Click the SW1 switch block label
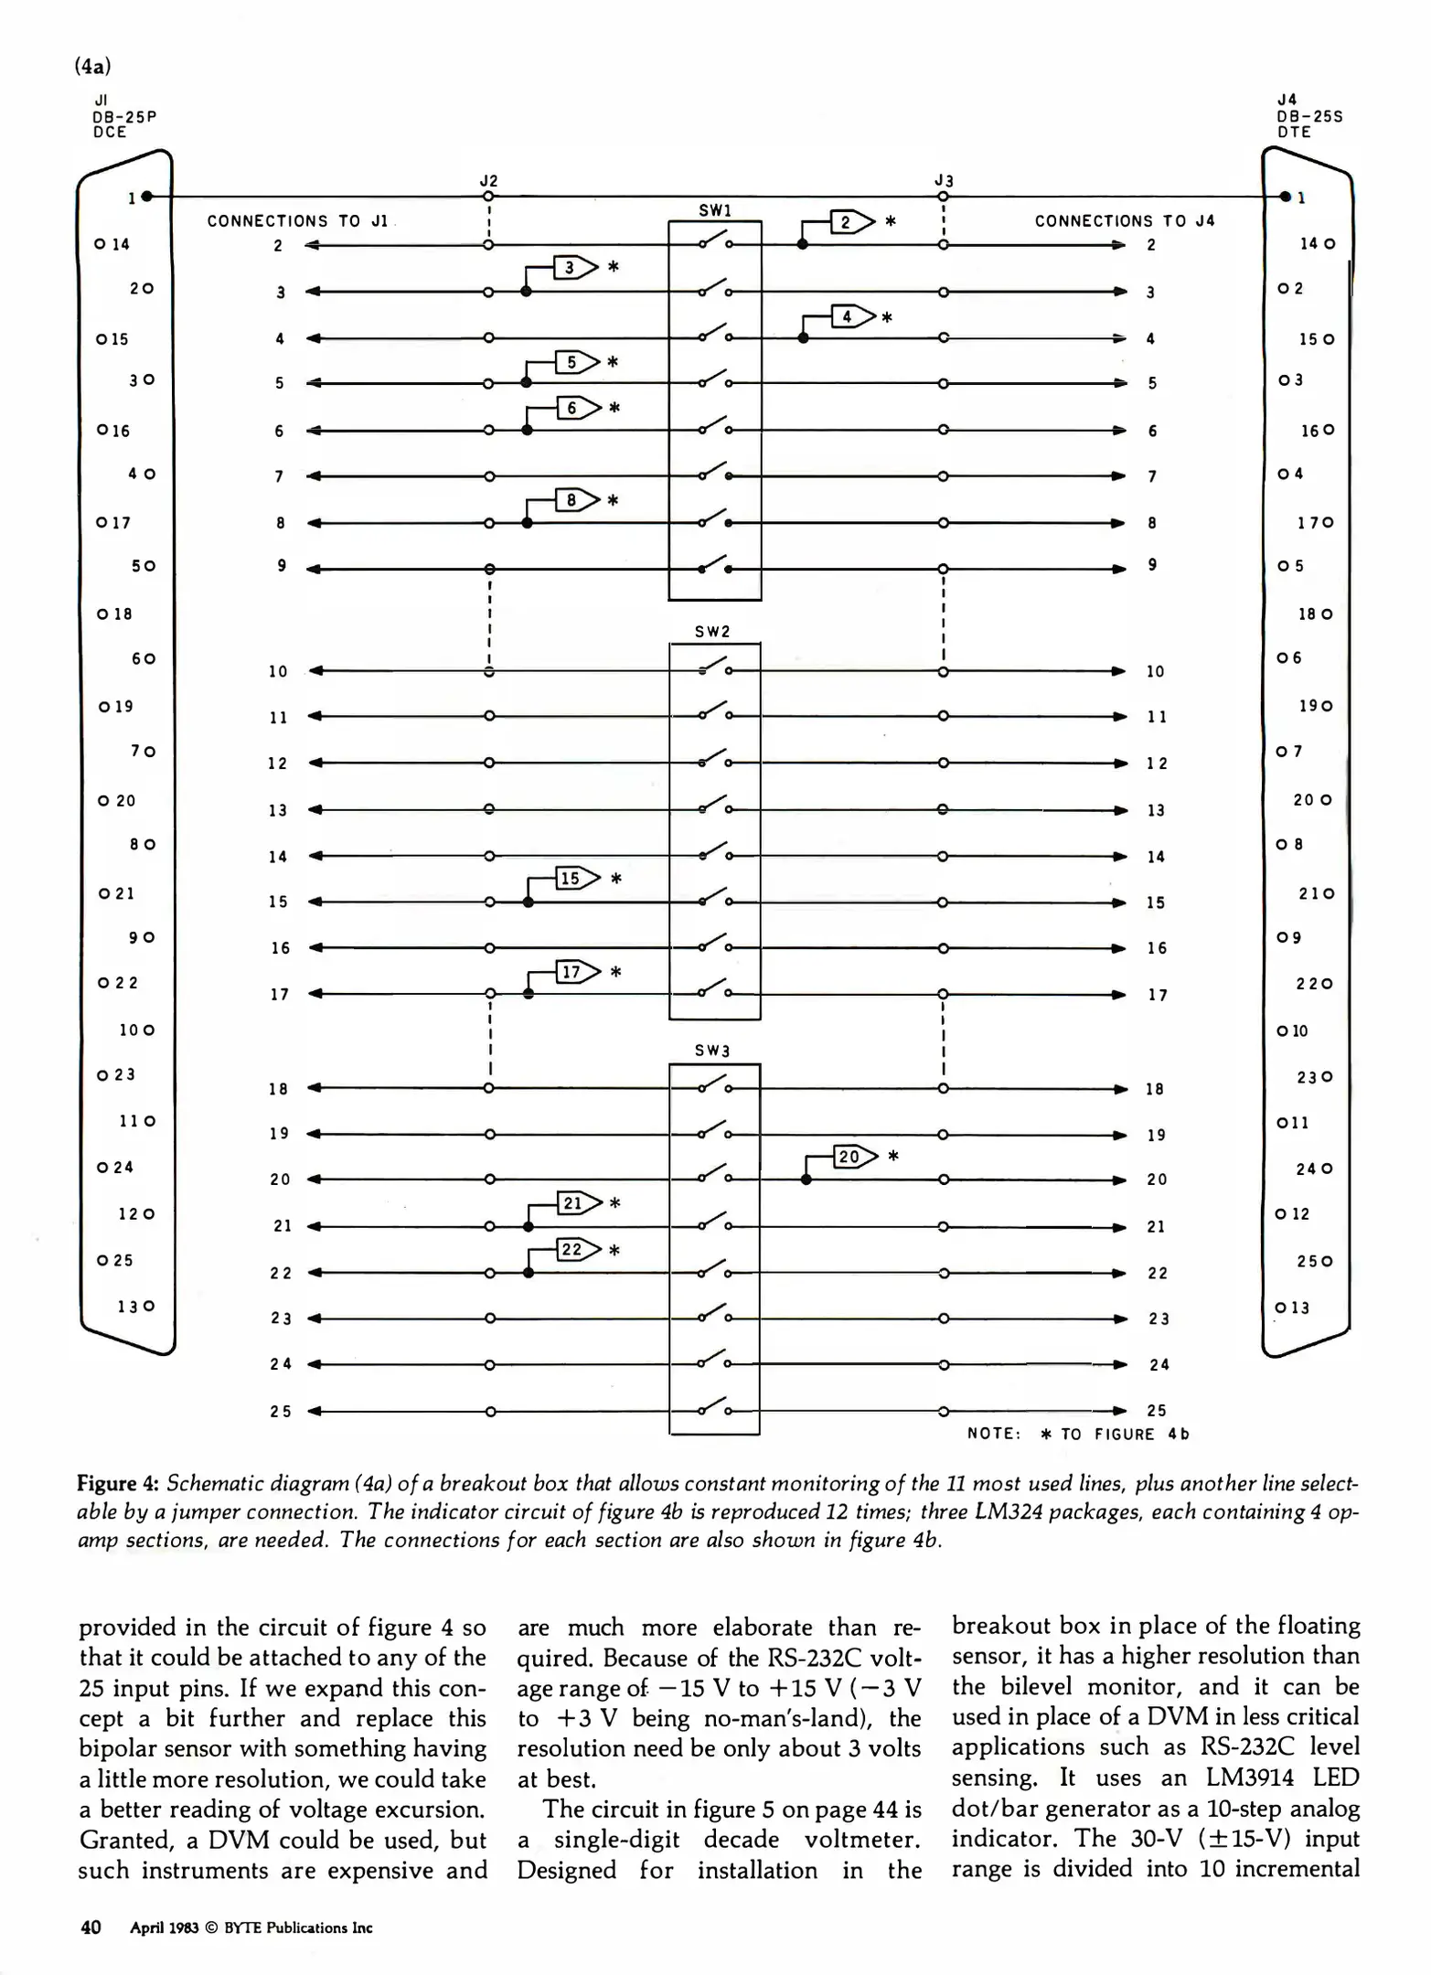[x=715, y=210]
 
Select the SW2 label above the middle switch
[x=712, y=631]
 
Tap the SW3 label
[x=712, y=1051]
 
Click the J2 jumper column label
[x=489, y=180]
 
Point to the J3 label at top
[x=945, y=180]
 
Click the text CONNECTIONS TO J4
[x=1124, y=220]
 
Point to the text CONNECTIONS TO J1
[x=298, y=220]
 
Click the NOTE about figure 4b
[x=1078, y=1434]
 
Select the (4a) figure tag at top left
[x=93, y=67]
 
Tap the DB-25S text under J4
[x=1309, y=116]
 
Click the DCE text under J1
[x=109, y=132]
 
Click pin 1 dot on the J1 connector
[x=147, y=197]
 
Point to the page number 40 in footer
[x=91, y=1927]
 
